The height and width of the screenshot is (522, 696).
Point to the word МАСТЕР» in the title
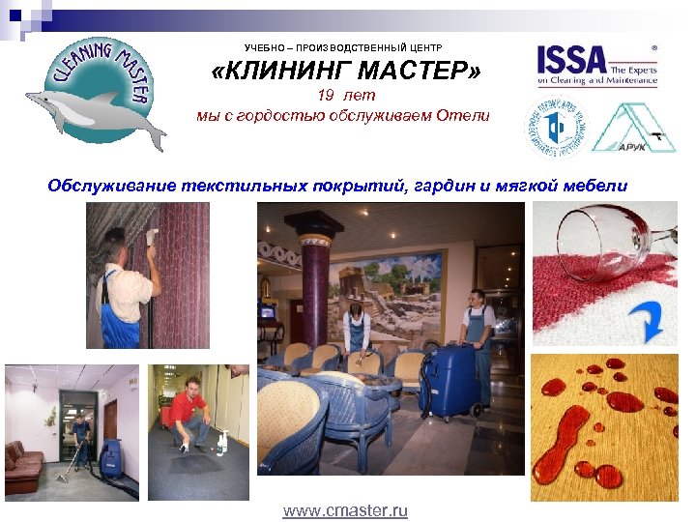416,72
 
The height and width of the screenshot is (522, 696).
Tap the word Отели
463,115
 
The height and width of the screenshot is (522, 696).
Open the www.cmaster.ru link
345,510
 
